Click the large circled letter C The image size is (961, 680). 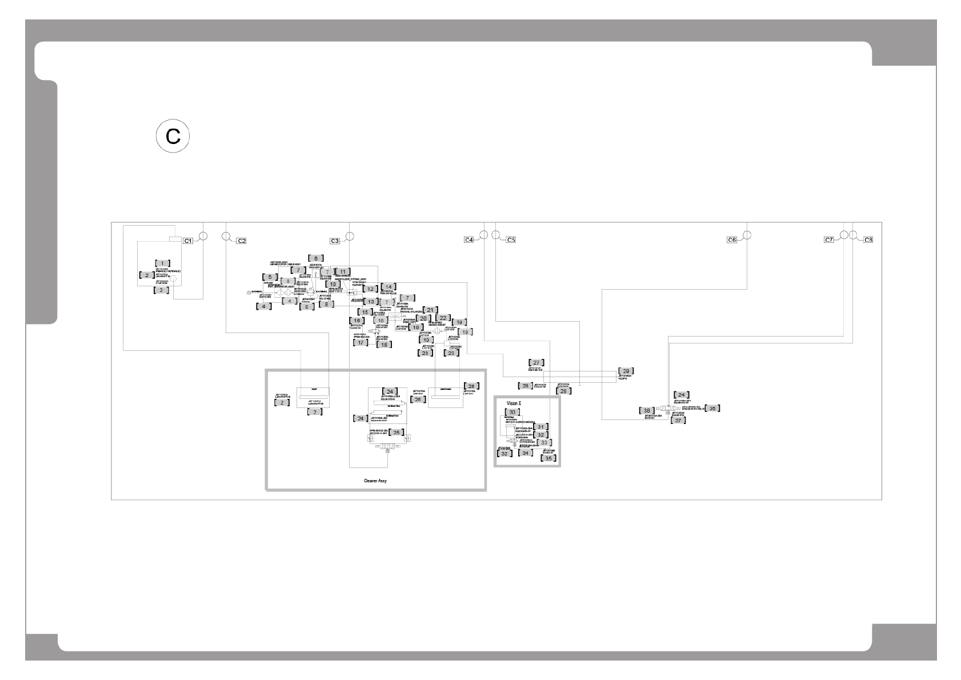(173, 137)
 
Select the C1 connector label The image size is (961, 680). (187, 241)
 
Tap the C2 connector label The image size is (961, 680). (241, 241)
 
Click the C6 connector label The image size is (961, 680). (731, 240)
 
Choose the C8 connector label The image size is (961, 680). (868, 239)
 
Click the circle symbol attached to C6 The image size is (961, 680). (746, 235)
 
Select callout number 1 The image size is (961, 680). (162, 263)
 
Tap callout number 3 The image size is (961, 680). (162, 290)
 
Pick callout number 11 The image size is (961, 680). (343, 271)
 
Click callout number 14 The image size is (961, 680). (389, 286)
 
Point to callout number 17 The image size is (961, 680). (361, 342)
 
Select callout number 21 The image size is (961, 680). (431, 310)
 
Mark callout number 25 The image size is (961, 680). (396, 432)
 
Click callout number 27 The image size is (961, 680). (536, 363)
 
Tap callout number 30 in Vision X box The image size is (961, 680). (512, 412)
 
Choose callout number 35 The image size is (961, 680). (548, 458)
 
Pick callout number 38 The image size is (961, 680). (647, 410)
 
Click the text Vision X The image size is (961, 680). (514, 403)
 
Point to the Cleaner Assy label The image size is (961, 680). (375, 481)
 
